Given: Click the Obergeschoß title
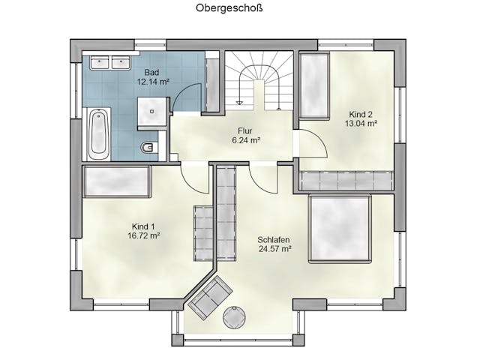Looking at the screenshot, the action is click(x=229, y=8).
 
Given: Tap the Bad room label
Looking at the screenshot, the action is click(x=151, y=73).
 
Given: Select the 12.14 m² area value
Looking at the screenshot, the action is click(x=153, y=82).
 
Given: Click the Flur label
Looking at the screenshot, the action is click(x=245, y=131).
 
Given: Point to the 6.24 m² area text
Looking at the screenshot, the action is click(x=246, y=140).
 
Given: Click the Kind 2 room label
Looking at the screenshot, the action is click(x=361, y=115).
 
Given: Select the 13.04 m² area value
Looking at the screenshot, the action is click(x=361, y=124).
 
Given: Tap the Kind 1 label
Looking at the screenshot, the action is click(x=143, y=226).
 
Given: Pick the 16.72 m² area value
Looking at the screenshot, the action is click(x=144, y=236).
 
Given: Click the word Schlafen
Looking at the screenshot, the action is click(x=274, y=240).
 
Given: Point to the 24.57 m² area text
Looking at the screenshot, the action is click(x=274, y=249).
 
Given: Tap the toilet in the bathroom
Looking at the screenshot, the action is click(x=149, y=148).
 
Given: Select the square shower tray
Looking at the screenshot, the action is click(x=152, y=112).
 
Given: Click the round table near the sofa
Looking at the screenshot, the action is click(x=235, y=317).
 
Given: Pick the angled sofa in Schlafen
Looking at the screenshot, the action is click(x=210, y=296).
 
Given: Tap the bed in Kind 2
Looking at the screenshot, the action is click(x=315, y=85).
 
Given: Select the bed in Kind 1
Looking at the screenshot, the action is click(x=117, y=181).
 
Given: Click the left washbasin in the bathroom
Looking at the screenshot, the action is click(x=100, y=62).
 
